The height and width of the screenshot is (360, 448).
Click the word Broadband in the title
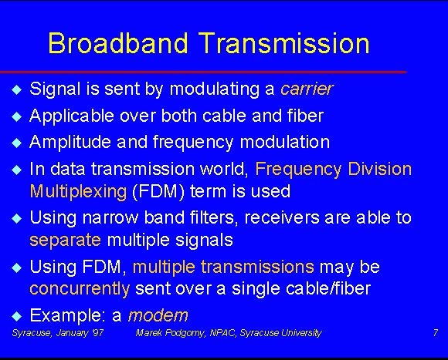(x=118, y=42)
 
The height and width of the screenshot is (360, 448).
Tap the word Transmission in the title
(x=284, y=42)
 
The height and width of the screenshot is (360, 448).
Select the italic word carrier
(x=307, y=89)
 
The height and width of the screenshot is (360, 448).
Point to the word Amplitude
(x=70, y=142)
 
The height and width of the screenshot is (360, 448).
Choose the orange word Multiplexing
(x=78, y=191)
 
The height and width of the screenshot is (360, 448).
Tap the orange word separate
(x=66, y=240)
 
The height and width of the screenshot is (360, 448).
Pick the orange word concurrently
(x=80, y=288)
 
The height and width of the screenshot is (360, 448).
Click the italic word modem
(x=158, y=315)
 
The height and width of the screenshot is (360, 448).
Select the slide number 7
(x=435, y=332)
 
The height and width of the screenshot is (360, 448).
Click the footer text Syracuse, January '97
(x=58, y=333)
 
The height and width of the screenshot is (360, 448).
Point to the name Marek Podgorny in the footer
(x=171, y=333)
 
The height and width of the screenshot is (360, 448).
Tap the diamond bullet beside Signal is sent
(x=17, y=89)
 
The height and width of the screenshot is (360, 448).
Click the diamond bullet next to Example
(x=17, y=316)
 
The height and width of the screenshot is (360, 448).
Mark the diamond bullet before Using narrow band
(x=17, y=219)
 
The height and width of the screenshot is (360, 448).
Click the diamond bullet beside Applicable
(x=17, y=116)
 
